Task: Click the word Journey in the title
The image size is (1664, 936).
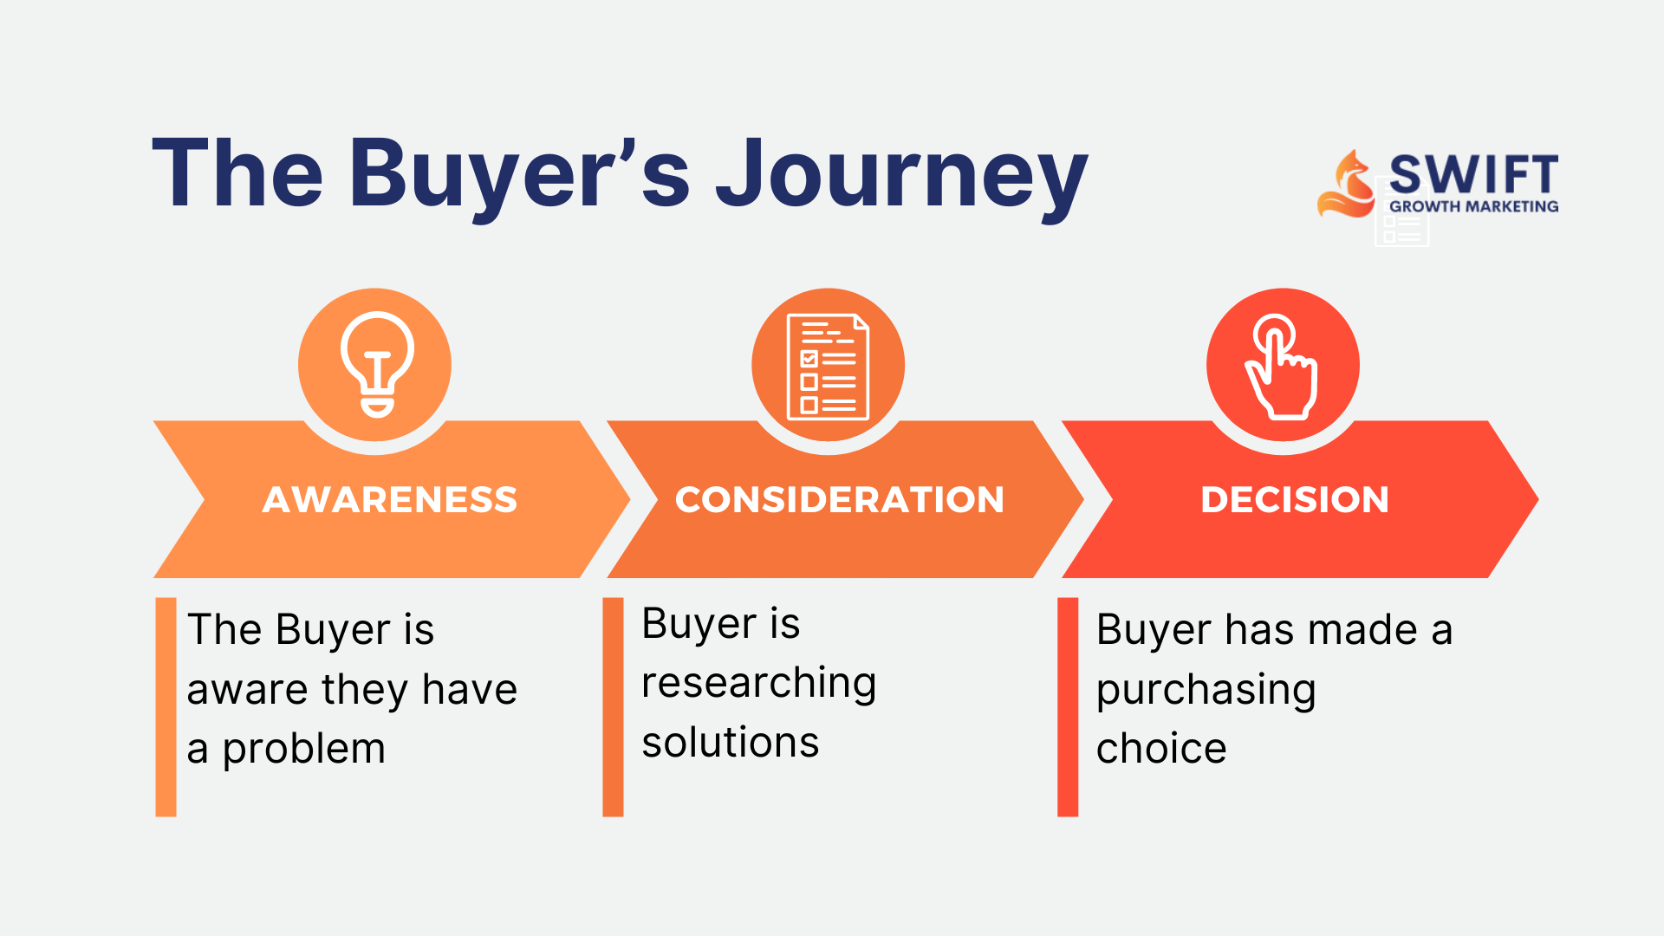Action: [901, 178]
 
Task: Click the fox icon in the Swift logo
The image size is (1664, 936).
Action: [1347, 184]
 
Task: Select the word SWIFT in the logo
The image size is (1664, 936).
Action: [1473, 174]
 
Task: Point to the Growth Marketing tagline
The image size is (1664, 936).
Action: [1473, 206]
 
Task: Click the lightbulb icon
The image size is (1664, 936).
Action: [377, 364]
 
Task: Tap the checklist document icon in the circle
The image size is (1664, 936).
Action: [828, 367]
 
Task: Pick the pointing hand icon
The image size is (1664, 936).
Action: [1282, 367]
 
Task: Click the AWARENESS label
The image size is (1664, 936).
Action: [390, 500]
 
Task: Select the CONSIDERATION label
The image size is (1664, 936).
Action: [840, 500]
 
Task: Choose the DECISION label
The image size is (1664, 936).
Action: [1295, 500]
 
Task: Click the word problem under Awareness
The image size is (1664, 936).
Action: [303, 751]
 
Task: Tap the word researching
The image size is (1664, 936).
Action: [759, 684]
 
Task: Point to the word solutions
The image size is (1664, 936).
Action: [731, 743]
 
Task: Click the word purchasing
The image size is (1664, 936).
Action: [1206, 692]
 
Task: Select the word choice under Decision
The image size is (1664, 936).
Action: [1161, 748]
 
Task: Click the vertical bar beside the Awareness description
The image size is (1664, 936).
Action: [166, 706]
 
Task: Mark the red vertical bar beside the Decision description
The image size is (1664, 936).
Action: [1068, 706]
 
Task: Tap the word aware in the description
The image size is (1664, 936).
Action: [248, 691]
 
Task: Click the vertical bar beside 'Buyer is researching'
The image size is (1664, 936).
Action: [613, 706]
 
